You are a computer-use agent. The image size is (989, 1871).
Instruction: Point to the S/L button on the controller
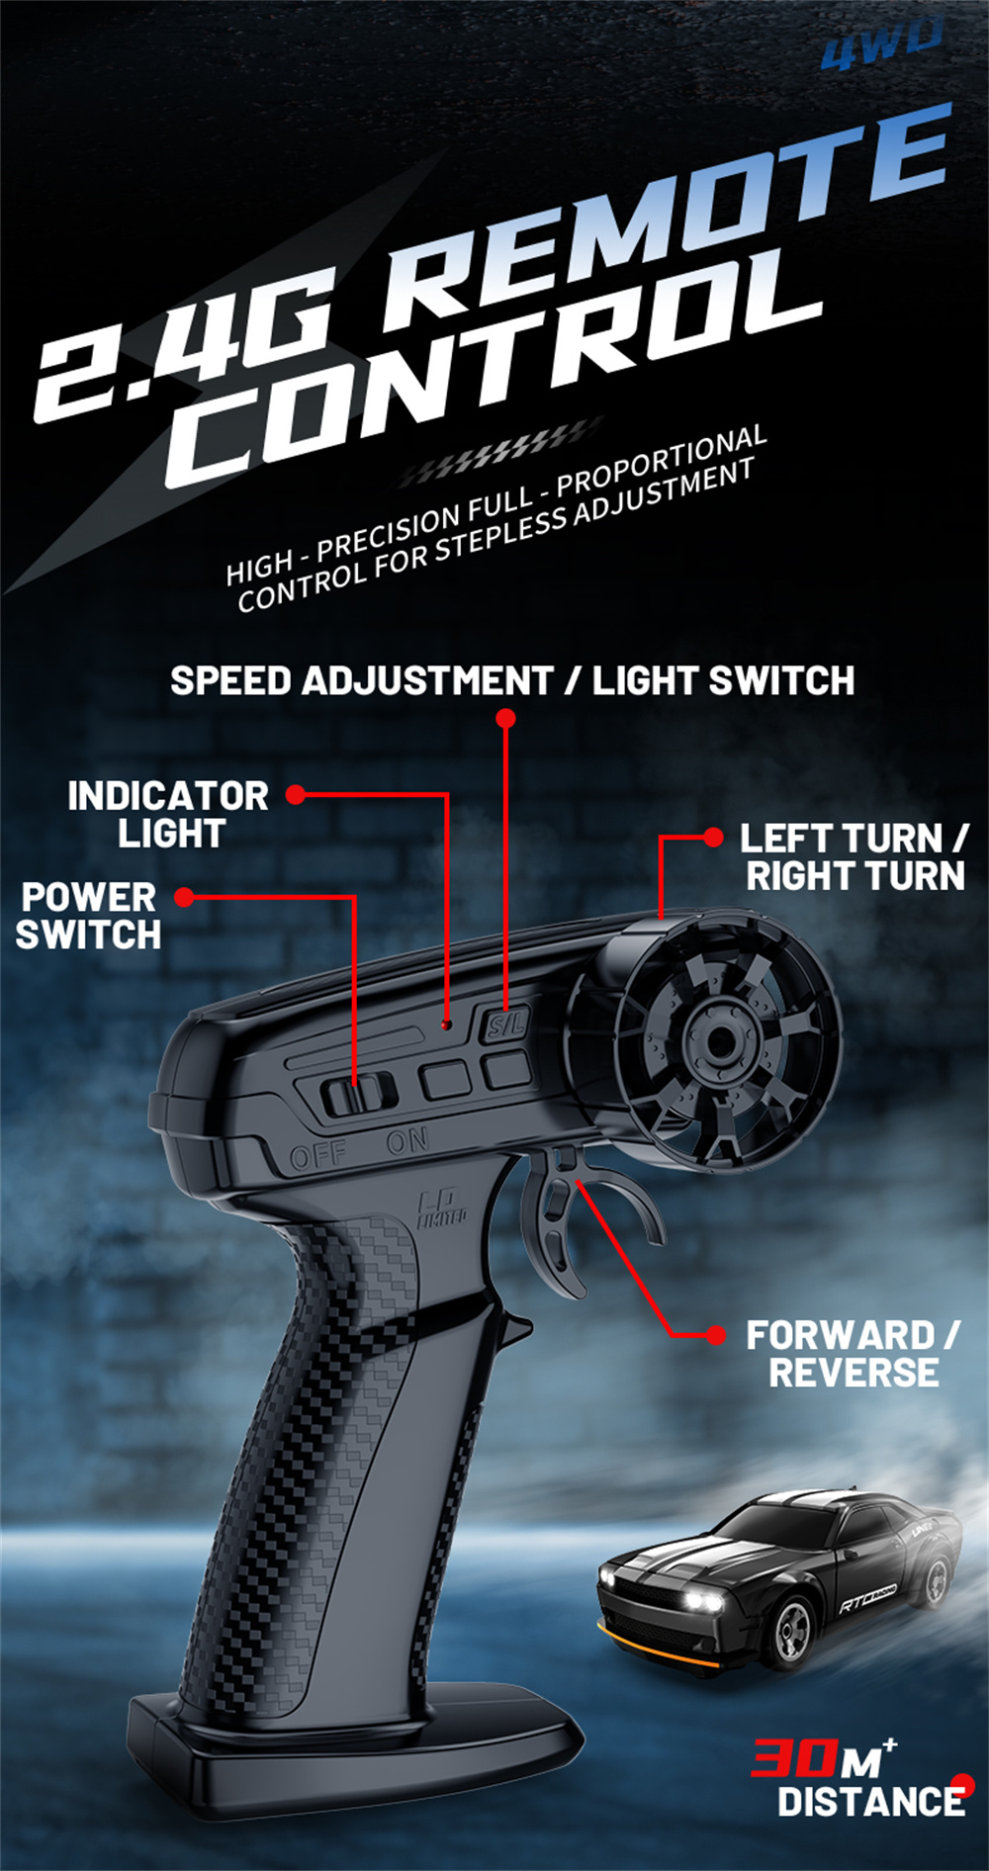(506, 1025)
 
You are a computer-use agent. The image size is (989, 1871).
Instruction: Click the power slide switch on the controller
(356, 1094)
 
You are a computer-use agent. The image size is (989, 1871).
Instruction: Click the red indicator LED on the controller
(447, 1025)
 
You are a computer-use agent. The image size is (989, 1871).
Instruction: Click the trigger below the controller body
(559, 1221)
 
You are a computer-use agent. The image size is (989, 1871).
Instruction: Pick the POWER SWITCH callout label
(89, 916)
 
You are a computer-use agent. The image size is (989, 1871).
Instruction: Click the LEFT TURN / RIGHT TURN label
(854, 857)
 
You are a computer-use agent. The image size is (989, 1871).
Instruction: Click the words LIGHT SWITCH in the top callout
(723, 681)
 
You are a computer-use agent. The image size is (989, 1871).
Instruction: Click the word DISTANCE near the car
(870, 1802)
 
